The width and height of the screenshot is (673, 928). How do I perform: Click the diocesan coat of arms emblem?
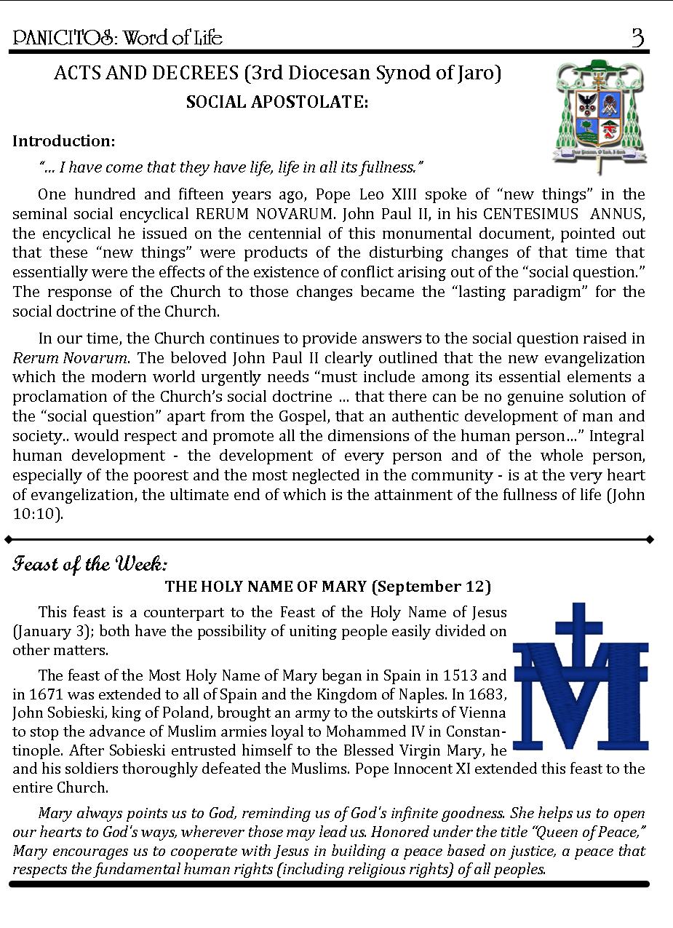[x=599, y=114]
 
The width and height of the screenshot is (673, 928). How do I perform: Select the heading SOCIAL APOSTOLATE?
[x=277, y=102]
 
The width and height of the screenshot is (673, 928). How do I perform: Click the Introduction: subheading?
[x=64, y=140]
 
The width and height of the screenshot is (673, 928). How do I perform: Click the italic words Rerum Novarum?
[x=71, y=357]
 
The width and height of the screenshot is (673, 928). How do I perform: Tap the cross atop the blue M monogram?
[x=578, y=630]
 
